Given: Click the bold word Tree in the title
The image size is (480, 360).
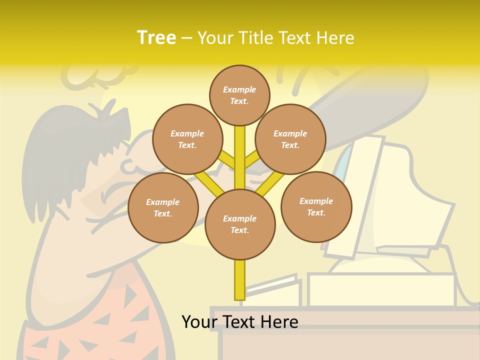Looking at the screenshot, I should pos(156,37).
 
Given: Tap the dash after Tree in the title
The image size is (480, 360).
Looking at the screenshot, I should pos(186,38).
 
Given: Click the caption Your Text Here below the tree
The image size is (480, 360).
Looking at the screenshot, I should pos(239,321).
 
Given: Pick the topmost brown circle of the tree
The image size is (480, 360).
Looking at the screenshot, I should pos(239,95).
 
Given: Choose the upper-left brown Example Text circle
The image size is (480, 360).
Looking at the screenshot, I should pos(187,139).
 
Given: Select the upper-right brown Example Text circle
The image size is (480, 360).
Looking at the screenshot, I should pos(290,139).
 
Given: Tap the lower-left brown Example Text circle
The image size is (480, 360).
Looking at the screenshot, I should pos(163,207).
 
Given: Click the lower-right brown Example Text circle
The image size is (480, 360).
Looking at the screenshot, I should pos(316,206).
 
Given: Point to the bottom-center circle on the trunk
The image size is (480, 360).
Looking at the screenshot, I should pos(240,224).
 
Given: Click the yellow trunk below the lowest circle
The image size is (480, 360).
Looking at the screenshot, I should pos(240,280).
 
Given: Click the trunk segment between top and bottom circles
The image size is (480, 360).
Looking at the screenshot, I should pos(240,155).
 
